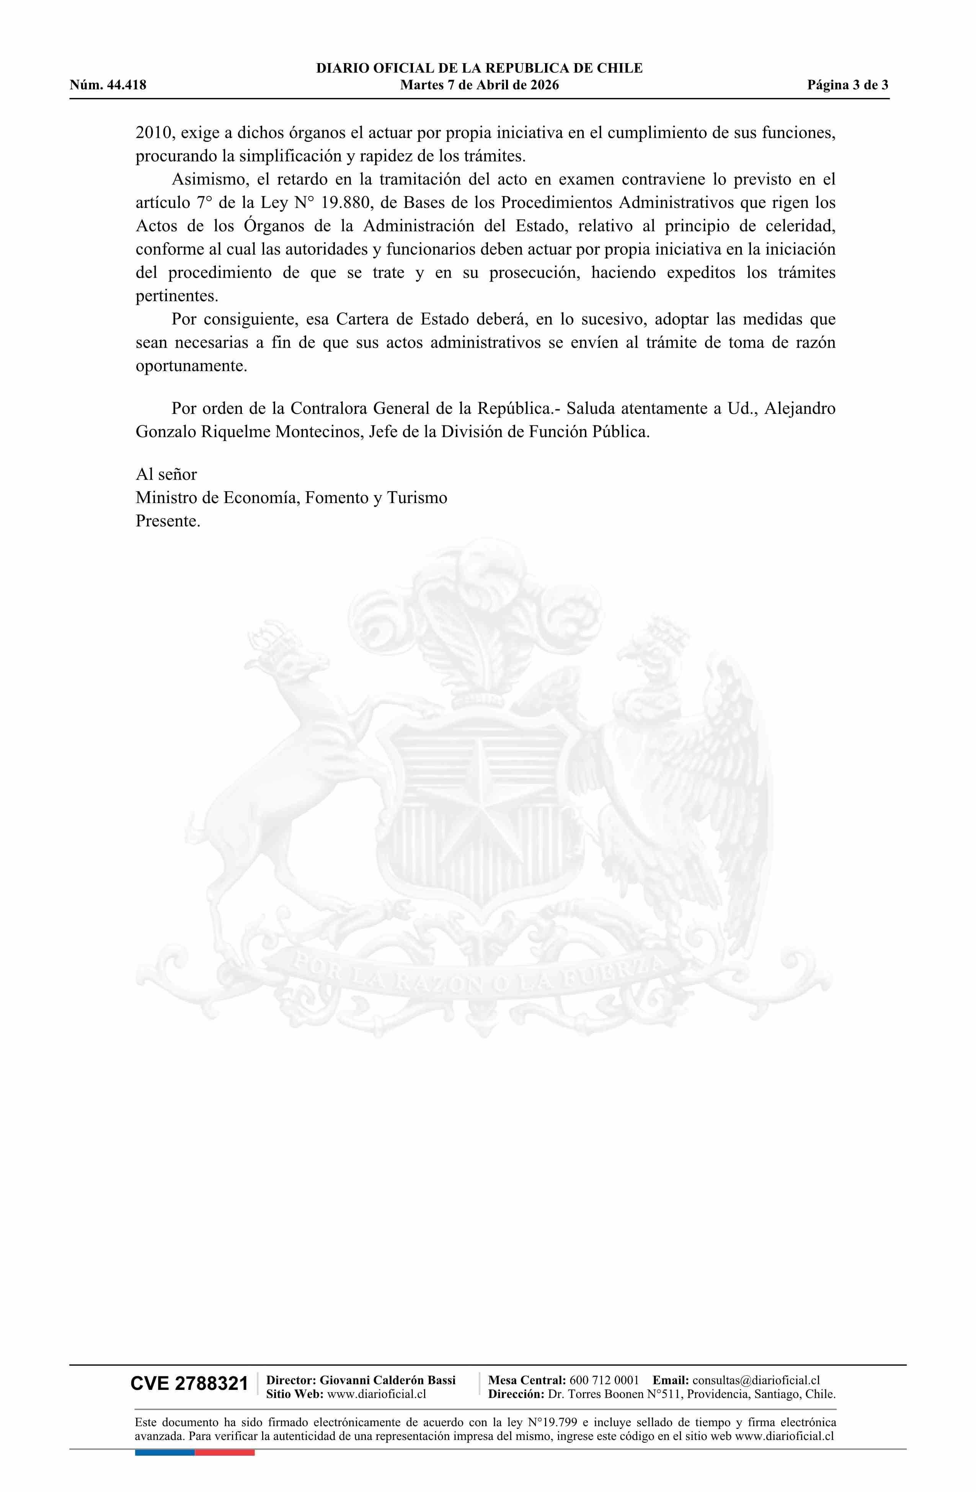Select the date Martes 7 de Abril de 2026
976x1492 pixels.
(479, 85)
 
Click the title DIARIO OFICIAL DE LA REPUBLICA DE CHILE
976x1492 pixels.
(479, 68)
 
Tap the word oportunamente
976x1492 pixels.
(191, 366)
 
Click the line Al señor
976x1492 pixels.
(166, 474)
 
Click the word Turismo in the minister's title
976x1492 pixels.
(417, 498)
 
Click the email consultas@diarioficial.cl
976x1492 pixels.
(756, 1380)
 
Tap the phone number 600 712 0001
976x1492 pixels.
(604, 1380)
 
